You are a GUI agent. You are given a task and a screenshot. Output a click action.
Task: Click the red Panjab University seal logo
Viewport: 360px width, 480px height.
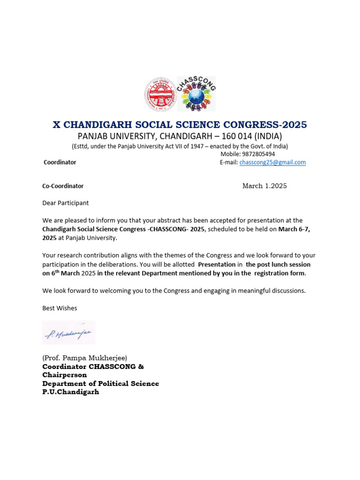160,94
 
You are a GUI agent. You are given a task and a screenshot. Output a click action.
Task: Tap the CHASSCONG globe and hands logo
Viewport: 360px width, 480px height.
196,94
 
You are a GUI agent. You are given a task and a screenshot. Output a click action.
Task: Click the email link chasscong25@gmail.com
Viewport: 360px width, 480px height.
272,162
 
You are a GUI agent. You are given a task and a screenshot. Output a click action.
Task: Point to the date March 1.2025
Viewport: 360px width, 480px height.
264,186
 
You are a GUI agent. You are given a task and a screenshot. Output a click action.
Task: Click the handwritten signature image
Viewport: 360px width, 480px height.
69,333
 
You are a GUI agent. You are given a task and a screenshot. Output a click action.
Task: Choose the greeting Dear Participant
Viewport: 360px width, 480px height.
65,203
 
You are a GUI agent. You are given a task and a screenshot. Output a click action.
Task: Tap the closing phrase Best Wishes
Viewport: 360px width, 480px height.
60,308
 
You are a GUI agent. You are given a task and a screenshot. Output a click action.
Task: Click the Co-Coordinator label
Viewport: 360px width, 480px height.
63,186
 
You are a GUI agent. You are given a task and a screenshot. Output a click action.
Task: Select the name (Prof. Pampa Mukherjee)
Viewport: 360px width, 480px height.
85,358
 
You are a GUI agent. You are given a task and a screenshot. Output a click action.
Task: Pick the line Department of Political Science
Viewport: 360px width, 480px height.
101,383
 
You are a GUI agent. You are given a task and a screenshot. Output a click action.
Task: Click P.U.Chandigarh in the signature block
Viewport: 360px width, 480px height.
71,392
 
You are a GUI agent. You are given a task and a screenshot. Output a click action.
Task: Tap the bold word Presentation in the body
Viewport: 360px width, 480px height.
217,264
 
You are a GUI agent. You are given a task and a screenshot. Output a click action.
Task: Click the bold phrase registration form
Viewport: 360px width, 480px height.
279,273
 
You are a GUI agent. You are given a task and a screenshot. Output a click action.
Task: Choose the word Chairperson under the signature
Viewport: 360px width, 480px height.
65,375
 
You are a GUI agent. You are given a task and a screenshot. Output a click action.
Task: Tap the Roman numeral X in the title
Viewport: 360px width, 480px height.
57,125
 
